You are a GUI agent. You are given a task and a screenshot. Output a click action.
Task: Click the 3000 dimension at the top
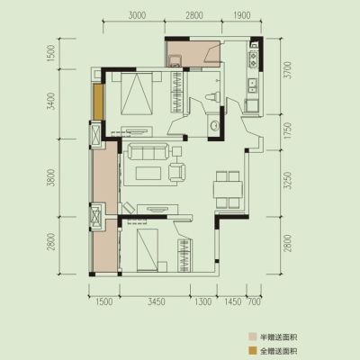(x=137, y=15)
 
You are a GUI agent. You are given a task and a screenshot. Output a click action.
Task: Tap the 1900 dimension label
(x=241, y=15)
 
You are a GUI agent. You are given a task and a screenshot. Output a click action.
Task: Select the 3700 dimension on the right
(x=288, y=70)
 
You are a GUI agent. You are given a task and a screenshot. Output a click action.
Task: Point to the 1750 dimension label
(x=288, y=130)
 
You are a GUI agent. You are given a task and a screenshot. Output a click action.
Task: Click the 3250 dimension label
(x=288, y=181)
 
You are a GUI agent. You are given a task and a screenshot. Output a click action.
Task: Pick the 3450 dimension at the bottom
(x=157, y=301)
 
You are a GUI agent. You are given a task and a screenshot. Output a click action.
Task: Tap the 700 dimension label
(x=255, y=301)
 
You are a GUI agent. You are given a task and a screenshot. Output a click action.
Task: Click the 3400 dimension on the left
(x=52, y=101)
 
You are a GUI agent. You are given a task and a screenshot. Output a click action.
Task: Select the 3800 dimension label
(x=52, y=177)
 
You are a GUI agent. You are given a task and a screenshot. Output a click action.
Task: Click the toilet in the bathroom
(x=212, y=97)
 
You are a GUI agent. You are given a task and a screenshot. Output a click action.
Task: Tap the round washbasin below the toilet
(x=214, y=125)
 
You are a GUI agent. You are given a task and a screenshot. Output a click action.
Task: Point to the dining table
(x=228, y=189)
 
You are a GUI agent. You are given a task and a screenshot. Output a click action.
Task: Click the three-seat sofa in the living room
(x=149, y=151)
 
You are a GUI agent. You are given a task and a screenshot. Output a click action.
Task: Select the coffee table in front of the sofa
(x=148, y=174)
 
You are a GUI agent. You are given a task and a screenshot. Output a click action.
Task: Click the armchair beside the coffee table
(x=177, y=172)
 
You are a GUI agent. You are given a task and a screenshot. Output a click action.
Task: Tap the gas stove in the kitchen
(x=254, y=59)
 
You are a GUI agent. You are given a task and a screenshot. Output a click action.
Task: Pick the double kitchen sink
(x=252, y=85)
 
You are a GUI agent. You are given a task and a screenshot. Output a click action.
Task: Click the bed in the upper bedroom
(x=137, y=94)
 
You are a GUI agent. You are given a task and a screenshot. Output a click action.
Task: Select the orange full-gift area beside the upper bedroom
(x=98, y=102)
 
